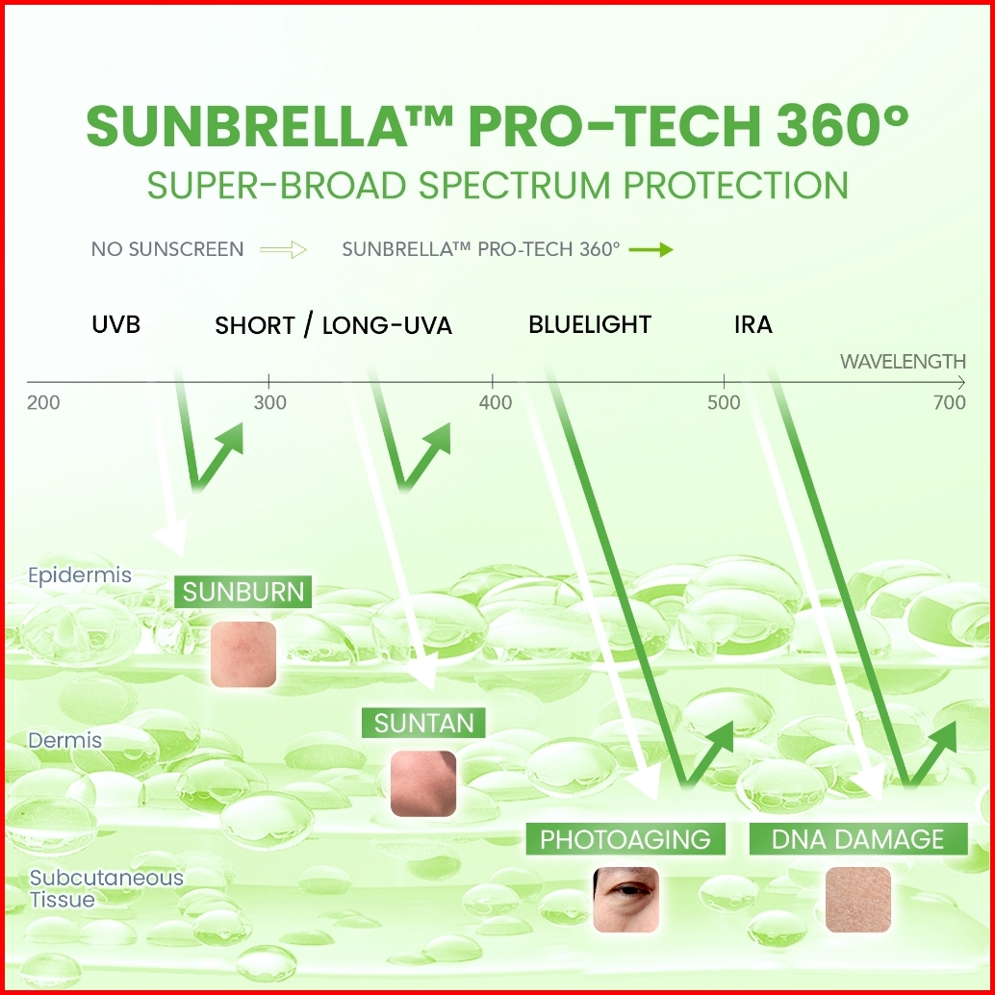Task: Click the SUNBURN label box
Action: coord(243,592)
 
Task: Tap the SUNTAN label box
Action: coord(423,723)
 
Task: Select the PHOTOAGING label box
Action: coord(625,839)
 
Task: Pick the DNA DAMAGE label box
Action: coord(858,839)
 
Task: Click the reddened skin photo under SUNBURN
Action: coord(243,654)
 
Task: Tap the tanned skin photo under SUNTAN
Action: coord(423,783)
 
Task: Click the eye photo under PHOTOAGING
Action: coord(625,900)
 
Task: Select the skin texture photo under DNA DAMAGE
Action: coord(858,900)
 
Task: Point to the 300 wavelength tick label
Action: coord(270,402)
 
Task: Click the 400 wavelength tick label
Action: coord(496,402)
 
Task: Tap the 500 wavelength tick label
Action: coord(724,402)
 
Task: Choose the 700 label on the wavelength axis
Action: coord(950,402)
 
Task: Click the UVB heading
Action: coord(116,324)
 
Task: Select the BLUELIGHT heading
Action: coord(590,324)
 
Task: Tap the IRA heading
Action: coord(753,324)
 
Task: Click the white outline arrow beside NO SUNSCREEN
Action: coord(284,249)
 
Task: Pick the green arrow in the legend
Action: coord(651,249)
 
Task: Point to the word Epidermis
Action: coord(80,574)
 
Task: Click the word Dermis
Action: coord(64,740)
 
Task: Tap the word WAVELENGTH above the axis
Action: coord(903,362)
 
